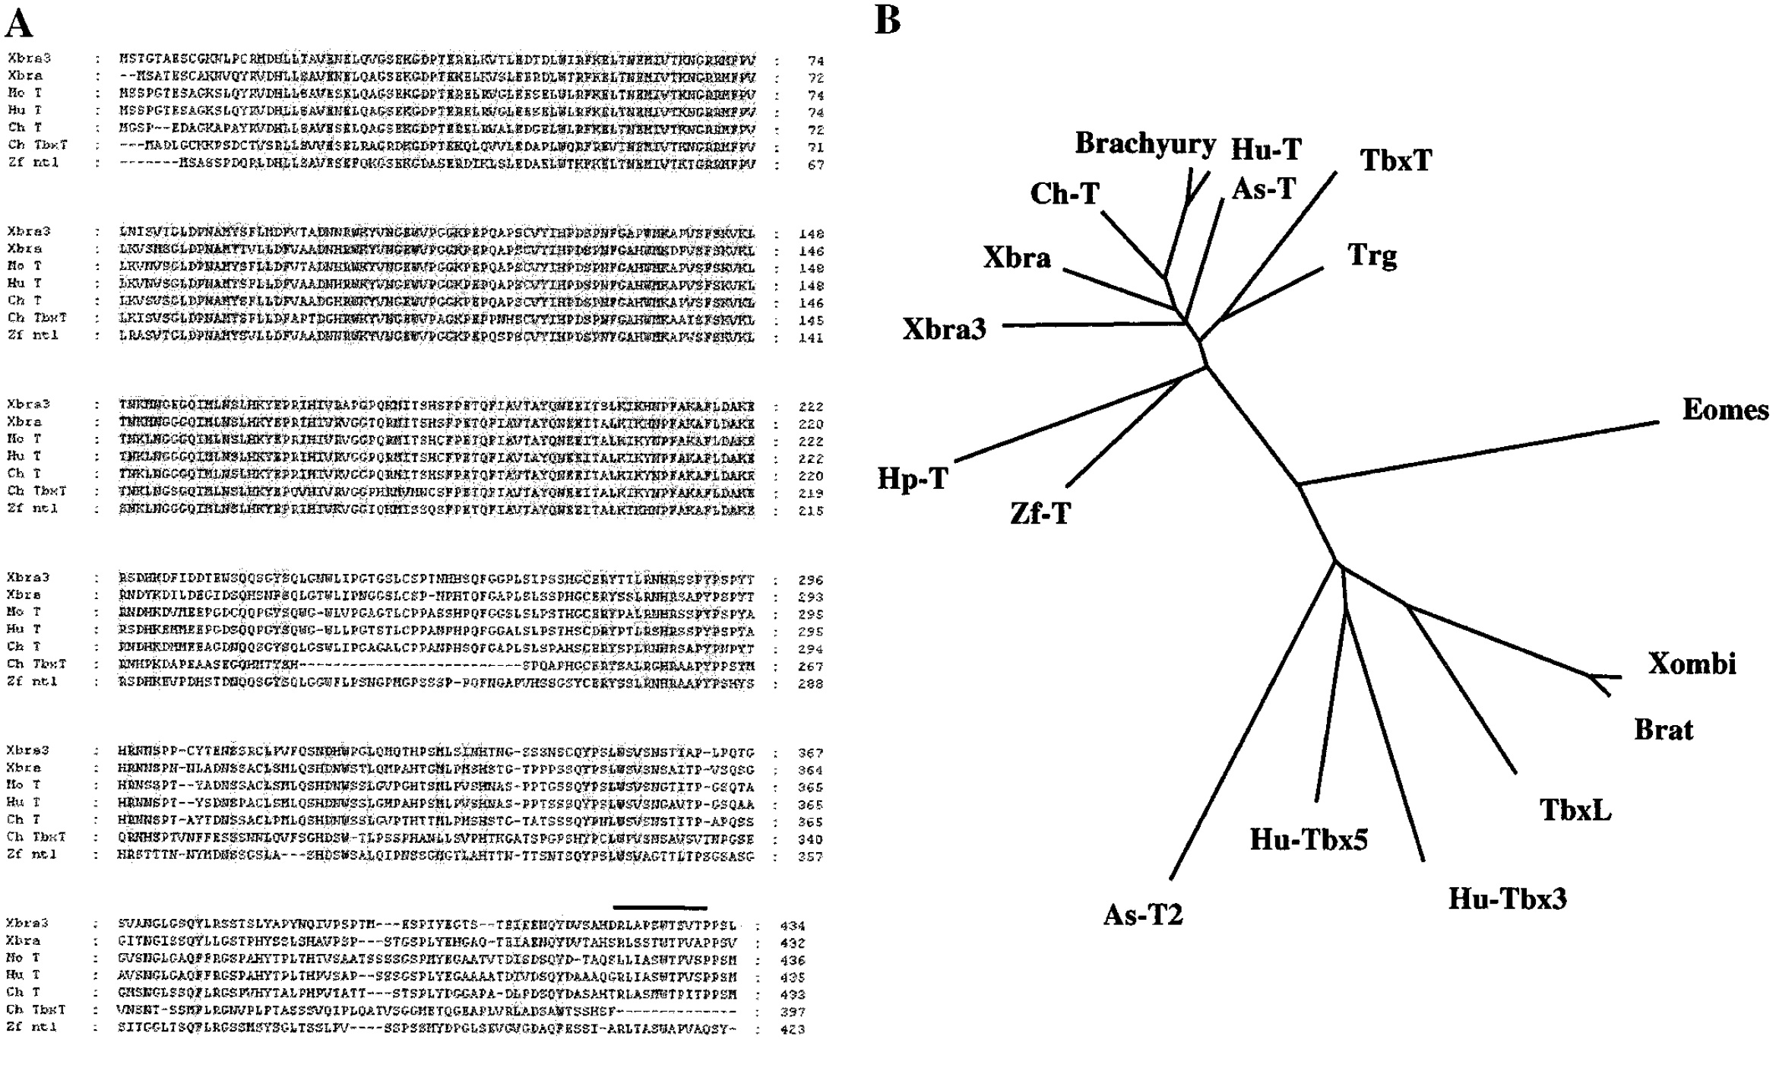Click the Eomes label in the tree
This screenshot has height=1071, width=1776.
coord(1724,410)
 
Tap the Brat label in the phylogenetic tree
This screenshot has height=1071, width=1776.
coord(1664,730)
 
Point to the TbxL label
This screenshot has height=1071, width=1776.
coord(1575,810)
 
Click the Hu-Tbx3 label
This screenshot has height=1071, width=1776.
coord(1507,898)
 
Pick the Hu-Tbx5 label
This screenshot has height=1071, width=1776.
coord(1309,839)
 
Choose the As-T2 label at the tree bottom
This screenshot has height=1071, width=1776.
coord(1143,914)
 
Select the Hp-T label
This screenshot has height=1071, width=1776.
coord(912,479)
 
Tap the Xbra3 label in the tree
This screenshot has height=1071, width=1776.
coord(944,328)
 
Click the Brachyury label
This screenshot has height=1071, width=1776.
coord(1145,144)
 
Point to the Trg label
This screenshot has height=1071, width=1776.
coord(1372,255)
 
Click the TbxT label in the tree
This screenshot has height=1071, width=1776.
coord(1396,160)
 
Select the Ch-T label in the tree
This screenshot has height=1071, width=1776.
coord(1065,194)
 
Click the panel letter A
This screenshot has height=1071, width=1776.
coord(19,24)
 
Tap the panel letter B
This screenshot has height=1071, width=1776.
coord(887,21)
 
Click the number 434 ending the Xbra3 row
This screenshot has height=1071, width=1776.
coord(792,926)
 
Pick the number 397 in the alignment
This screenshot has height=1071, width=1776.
coord(792,1012)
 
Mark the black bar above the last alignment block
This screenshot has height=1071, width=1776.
coord(660,907)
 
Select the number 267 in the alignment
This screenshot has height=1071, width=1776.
coord(811,667)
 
